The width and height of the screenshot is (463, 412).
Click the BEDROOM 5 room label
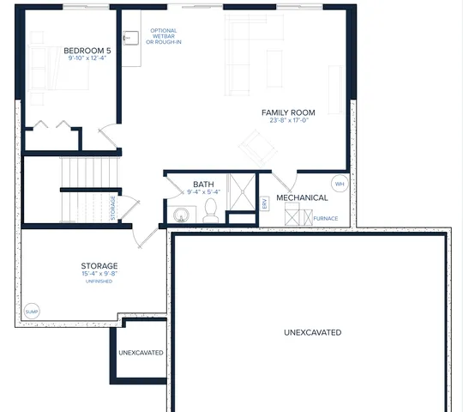[x=87, y=51]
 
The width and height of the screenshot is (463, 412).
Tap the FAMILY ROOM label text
[x=288, y=112]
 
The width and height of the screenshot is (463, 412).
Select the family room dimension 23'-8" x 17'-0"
[x=288, y=121]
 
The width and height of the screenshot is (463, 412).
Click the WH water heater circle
[x=339, y=184]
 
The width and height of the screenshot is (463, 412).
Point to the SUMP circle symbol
[x=33, y=311]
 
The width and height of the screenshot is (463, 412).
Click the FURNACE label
[x=325, y=218]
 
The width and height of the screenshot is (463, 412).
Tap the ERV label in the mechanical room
[x=265, y=204]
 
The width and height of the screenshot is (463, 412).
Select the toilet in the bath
[x=211, y=211]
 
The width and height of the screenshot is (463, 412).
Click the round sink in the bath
[x=181, y=215]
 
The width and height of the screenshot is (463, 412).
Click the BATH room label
[x=203, y=184]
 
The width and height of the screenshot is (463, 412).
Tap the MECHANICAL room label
[x=302, y=197]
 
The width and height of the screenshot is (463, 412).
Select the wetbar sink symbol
[x=131, y=38]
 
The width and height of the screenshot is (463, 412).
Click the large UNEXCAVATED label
[x=312, y=332]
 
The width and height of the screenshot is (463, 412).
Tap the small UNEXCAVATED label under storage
[x=141, y=353]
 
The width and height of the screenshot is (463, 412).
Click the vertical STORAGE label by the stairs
[x=112, y=209]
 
